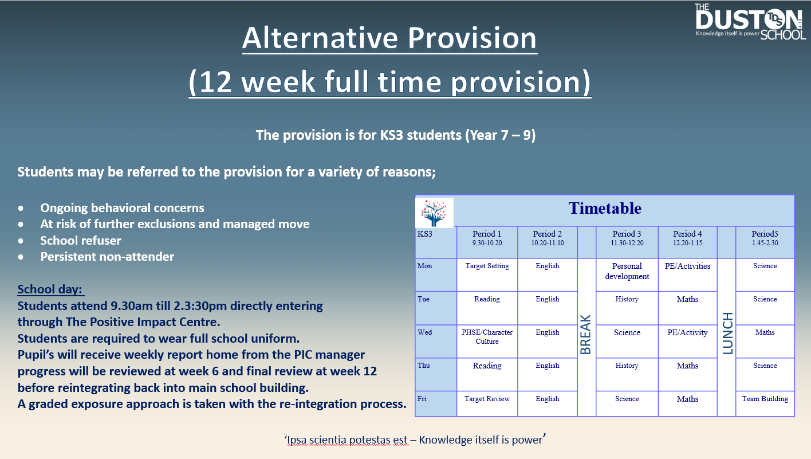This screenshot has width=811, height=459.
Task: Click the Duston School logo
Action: (750, 22)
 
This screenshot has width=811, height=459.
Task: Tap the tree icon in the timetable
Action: (434, 213)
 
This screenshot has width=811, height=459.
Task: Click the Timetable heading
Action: (605, 209)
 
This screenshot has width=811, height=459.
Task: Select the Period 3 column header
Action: (627, 238)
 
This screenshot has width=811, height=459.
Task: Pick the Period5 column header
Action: (765, 238)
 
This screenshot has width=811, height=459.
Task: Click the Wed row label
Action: (424, 332)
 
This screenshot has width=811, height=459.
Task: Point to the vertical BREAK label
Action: (586, 335)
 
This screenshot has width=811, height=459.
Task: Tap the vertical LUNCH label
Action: (728, 334)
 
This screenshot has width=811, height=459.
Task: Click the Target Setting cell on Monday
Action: (487, 266)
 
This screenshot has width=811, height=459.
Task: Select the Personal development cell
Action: (627, 271)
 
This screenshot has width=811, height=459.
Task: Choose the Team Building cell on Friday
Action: (765, 398)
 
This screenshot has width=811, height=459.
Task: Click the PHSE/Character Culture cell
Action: (487, 336)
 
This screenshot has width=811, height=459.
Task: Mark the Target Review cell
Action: (487, 399)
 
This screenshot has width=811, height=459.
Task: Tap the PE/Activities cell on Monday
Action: (687, 266)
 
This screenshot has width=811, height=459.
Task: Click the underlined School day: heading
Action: (50, 289)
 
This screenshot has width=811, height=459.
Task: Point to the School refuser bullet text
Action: (80, 240)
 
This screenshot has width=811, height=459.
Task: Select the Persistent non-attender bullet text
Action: (107, 257)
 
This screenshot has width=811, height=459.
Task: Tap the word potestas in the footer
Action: (369, 440)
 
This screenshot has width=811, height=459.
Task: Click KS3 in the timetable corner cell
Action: (425, 234)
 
